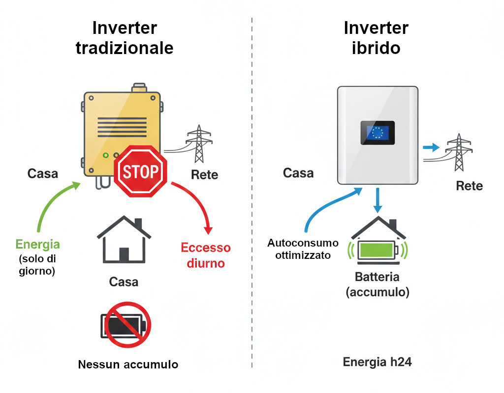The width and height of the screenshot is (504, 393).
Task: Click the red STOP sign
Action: click(x=141, y=171)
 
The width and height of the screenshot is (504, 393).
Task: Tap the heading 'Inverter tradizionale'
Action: click(x=125, y=38)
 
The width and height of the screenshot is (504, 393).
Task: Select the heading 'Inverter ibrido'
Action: click(x=376, y=38)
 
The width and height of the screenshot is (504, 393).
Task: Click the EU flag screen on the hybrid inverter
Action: click(x=378, y=132)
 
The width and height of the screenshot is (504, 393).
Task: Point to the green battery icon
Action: click(x=378, y=250)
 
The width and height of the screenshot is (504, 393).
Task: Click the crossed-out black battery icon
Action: click(x=125, y=325)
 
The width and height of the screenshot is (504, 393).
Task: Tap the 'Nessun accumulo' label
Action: click(x=128, y=365)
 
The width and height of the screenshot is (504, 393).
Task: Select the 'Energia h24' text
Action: click(x=377, y=363)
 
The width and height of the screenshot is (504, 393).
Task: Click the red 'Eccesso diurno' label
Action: click(x=206, y=255)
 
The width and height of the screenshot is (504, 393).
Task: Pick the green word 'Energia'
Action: click(x=38, y=244)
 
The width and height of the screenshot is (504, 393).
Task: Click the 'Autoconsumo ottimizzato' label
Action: click(x=303, y=249)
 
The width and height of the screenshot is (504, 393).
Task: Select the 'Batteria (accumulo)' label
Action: click(x=378, y=284)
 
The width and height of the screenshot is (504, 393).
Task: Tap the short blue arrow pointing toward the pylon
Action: click(x=431, y=147)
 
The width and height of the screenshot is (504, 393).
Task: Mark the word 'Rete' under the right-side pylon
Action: click(x=469, y=186)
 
